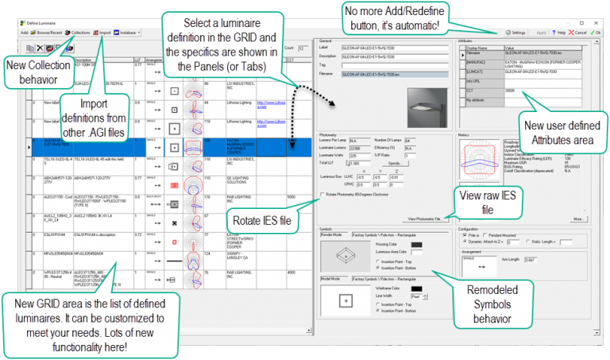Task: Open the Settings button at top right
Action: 515,33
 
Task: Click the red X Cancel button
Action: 577,33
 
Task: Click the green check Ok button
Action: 599,33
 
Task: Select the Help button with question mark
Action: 558,33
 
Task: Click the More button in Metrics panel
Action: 578,218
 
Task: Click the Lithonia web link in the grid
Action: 265,102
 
